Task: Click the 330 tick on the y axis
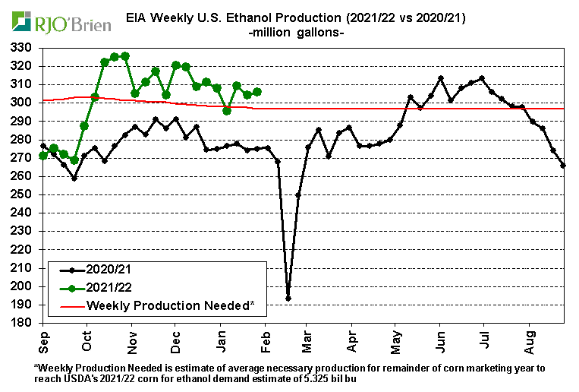22,48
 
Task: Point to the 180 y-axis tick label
22,323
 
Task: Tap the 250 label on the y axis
22,194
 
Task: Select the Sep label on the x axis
44,340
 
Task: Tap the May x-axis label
395,340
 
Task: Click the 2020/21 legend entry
109,270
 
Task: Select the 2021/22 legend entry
109,288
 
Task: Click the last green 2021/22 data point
257,92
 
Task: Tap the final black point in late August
563,166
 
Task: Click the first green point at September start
43,156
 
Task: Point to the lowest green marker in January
226,111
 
